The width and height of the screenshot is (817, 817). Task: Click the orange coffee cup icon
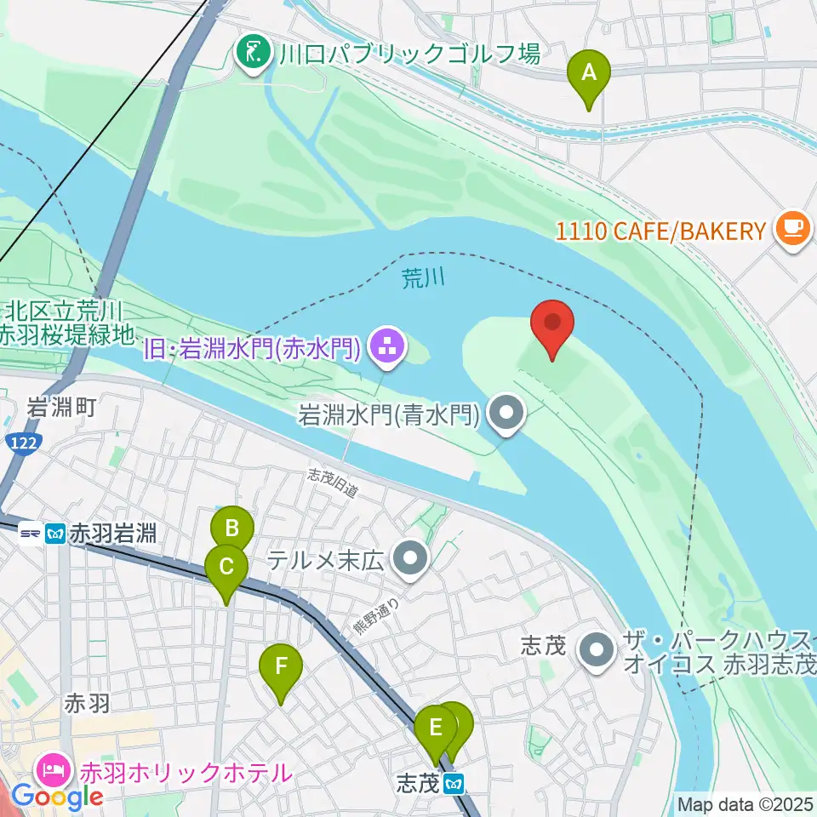(x=793, y=230)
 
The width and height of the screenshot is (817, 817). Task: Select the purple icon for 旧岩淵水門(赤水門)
(x=388, y=346)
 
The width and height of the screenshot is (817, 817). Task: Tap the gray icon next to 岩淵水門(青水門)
(x=507, y=415)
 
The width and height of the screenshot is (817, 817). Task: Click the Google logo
(x=57, y=797)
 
